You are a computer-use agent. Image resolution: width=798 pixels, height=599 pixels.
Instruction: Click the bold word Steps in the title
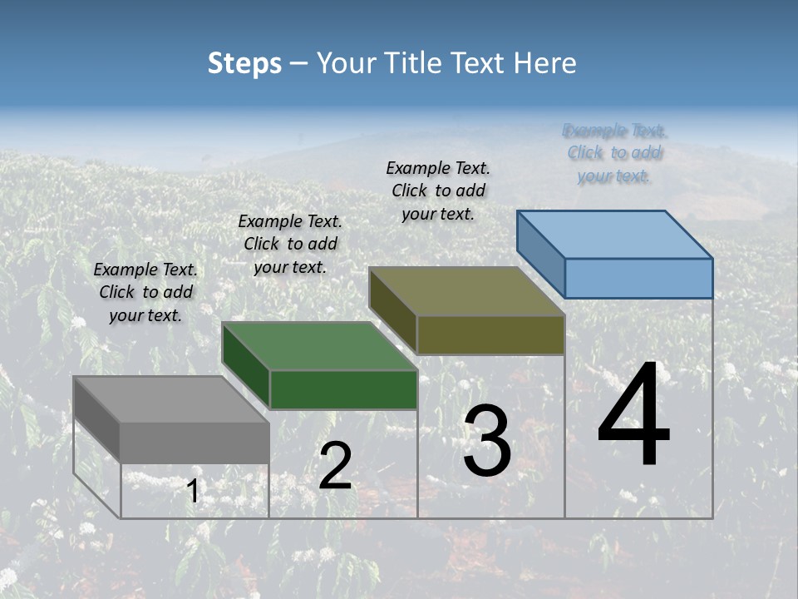click(x=244, y=63)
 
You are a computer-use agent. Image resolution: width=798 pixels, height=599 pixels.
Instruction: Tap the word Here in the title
click(x=545, y=63)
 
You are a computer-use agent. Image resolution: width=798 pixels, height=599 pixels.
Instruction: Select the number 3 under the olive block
click(x=487, y=442)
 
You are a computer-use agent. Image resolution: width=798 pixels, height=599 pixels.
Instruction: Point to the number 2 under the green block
click(x=335, y=466)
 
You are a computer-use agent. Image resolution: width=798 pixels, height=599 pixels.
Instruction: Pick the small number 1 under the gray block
click(x=193, y=492)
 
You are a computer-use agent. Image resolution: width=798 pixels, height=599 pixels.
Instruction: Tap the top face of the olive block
click(x=467, y=291)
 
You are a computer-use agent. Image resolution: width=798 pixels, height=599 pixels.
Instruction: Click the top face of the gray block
click(x=171, y=399)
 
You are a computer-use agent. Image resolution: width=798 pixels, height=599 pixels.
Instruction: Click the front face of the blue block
click(x=638, y=278)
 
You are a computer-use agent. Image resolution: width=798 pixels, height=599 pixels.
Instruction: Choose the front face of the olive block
click(x=490, y=334)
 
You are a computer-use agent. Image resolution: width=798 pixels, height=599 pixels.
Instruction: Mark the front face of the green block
click(x=343, y=389)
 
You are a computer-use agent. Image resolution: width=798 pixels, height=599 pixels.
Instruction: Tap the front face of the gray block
click(x=195, y=442)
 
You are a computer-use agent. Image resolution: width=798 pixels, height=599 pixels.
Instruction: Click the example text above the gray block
click(x=145, y=292)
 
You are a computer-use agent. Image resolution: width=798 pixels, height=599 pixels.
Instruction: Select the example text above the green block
click(x=290, y=244)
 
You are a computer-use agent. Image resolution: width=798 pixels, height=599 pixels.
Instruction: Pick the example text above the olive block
click(x=438, y=191)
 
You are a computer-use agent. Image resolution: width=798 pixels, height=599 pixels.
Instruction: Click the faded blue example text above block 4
click(x=615, y=153)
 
